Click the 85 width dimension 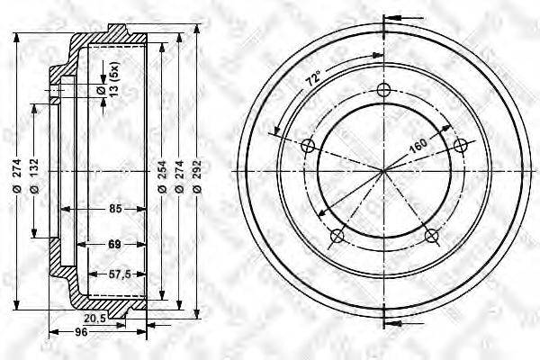[x=114, y=210]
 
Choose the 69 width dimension [x=114, y=243]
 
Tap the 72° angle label [x=312, y=80]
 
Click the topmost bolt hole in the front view [x=385, y=90]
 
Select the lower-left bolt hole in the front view [x=337, y=236]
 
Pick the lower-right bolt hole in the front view [x=432, y=236]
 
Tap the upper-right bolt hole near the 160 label [x=461, y=146]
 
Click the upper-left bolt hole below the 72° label [x=309, y=146]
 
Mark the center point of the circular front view [x=385, y=170]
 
